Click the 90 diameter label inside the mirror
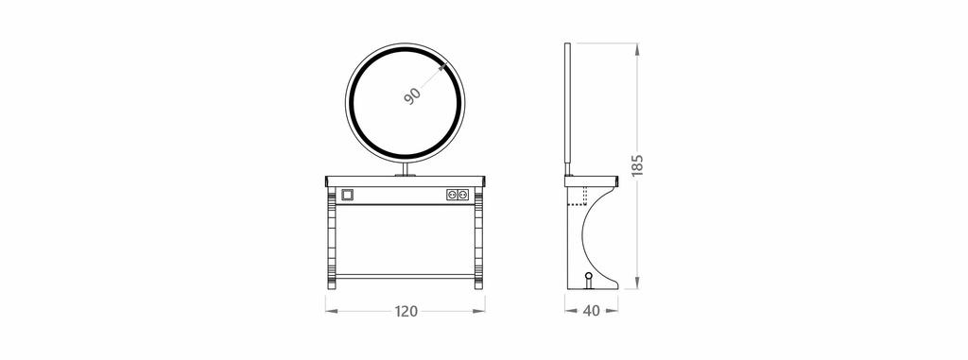tap(413, 95)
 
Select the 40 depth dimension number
tap(592, 311)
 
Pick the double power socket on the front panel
tap(458, 195)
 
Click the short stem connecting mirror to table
tap(406, 169)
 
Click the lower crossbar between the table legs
tap(405, 277)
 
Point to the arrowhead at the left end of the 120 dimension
tap(329, 310)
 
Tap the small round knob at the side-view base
tap(589, 278)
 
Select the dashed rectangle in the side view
tap(577, 196)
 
